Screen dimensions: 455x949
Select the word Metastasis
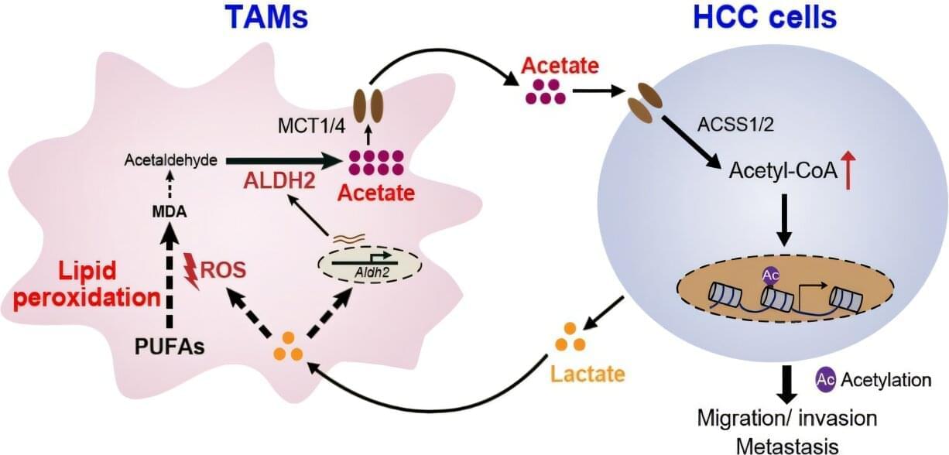pyautogui.click(x=786, y=446)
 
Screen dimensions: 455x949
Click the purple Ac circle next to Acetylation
pyautogui.click(x=826, y=379)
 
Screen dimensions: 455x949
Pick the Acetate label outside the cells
pyautogui.click(x=560, y=65)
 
